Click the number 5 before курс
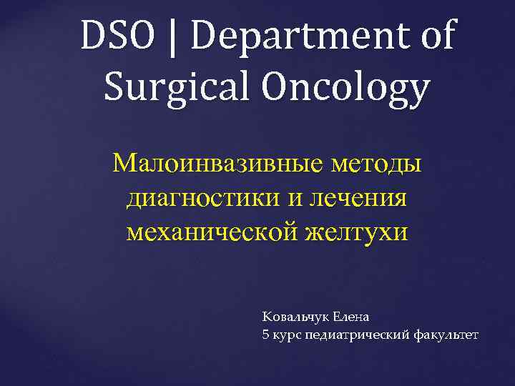pyautogui.click(x=266, y=334)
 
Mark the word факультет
pyautogui.click(x=445, y=335)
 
